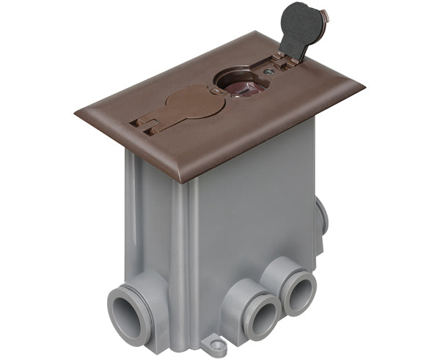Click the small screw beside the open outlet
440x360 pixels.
[271, 71]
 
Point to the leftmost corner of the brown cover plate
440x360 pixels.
[76, 114]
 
